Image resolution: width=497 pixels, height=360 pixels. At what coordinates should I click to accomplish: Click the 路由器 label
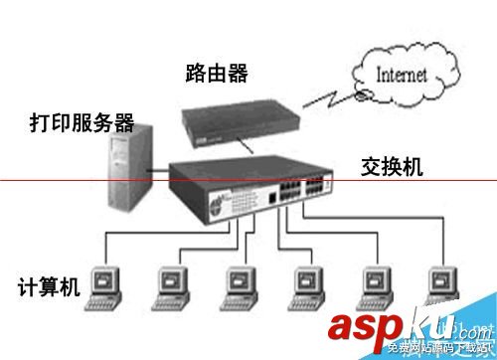[216, 73]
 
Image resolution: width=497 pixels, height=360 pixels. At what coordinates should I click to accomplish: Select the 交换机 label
[392, 166]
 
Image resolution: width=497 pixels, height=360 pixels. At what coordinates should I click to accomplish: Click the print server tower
[129, 170]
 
